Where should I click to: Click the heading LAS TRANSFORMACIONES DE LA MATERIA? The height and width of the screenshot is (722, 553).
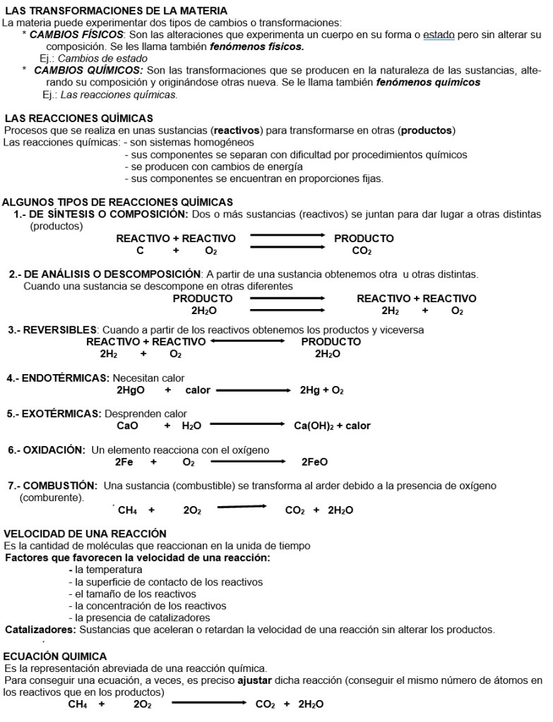tap(116, 11)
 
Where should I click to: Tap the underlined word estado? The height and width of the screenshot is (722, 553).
tap(439, 34)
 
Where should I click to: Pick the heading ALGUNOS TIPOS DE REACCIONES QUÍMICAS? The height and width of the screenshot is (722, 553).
tap(117, 202)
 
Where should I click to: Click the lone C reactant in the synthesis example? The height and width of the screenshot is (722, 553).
tap(140, 251)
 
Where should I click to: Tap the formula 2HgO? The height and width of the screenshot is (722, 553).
tap(131, 390)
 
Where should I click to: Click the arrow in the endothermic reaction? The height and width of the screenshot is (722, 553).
tap(254, 390)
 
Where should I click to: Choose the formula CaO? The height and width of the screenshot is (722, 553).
tap(127, 426)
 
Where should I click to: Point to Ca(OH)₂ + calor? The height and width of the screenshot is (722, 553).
tap(332, 426)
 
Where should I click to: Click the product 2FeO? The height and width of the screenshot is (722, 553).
tap(314, 462)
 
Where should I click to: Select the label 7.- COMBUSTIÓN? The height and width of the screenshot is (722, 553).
tap(52, 486)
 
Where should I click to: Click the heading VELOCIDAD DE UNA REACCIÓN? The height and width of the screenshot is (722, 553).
tap(85, 534)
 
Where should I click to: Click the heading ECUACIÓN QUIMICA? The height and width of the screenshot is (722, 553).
tap(56, 656)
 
